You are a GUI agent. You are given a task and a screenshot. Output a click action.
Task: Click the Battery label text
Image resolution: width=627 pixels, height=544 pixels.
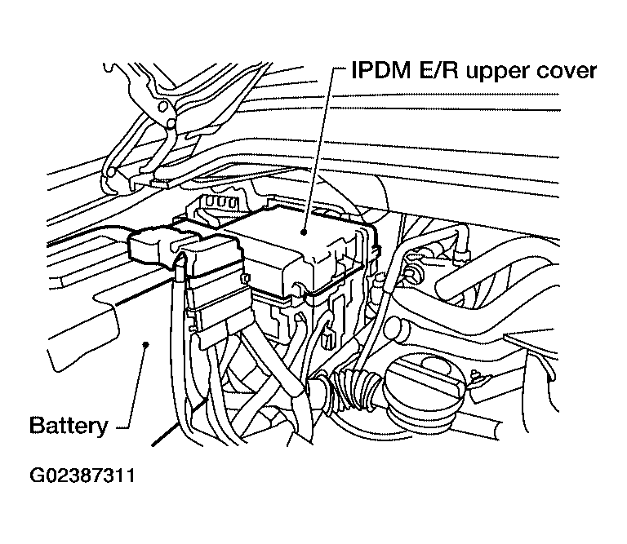pyautogui.click(x=69, y=426)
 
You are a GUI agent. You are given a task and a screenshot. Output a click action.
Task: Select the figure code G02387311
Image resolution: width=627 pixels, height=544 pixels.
pyautogui.click(x=82, y=475)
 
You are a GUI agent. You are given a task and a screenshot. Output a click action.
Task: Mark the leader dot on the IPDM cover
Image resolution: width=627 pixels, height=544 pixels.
pyautogui.click(x=304, y=232)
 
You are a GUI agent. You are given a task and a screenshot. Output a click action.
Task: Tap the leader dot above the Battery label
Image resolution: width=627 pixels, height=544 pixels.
pyautogui.click(x=146, y=344)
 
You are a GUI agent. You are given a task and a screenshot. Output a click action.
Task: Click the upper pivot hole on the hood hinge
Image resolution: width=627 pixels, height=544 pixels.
pyautogui.click(x=162, y=106)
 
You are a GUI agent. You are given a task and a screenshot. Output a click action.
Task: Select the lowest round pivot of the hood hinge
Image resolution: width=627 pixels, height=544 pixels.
pyautogui.click(x=112, y=173)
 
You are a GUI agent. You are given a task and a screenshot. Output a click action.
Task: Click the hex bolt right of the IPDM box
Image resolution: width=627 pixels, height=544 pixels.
pyautogui.click(x=412, y=272)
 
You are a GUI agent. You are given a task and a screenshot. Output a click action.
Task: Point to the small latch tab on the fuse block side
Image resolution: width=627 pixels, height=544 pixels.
pyautogui.click(x=245, y=278)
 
